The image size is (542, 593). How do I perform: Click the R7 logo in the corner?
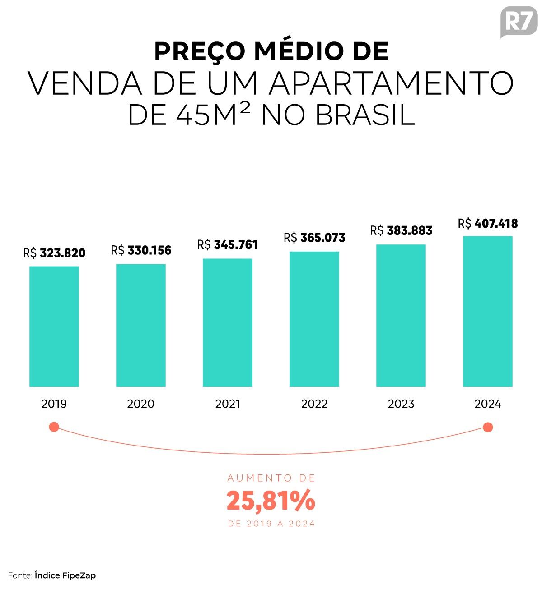click(519, 22)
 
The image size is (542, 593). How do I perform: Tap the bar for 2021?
click(228, 322)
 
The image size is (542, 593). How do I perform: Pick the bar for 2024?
click(488, 311)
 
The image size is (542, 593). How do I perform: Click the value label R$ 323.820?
click(54, 253)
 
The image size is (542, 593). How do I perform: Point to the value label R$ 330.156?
click(141, 250)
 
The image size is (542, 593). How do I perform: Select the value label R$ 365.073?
click(314, 238)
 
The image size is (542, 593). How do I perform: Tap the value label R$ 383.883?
click(401, 230)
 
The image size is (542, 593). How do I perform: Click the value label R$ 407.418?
click(488, 223)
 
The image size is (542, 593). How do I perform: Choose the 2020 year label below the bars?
click(141, 404)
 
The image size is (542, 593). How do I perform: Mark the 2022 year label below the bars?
click(314, 404)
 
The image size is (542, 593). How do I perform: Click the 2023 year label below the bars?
click(401, 404)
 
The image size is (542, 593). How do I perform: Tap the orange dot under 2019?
click(54, 427)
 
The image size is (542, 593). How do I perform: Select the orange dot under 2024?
click(488, 427)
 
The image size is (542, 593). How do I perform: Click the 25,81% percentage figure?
click(271, 501)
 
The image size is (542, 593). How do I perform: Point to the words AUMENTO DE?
click(271, 478)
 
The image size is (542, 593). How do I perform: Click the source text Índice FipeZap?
click(65, 575)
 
